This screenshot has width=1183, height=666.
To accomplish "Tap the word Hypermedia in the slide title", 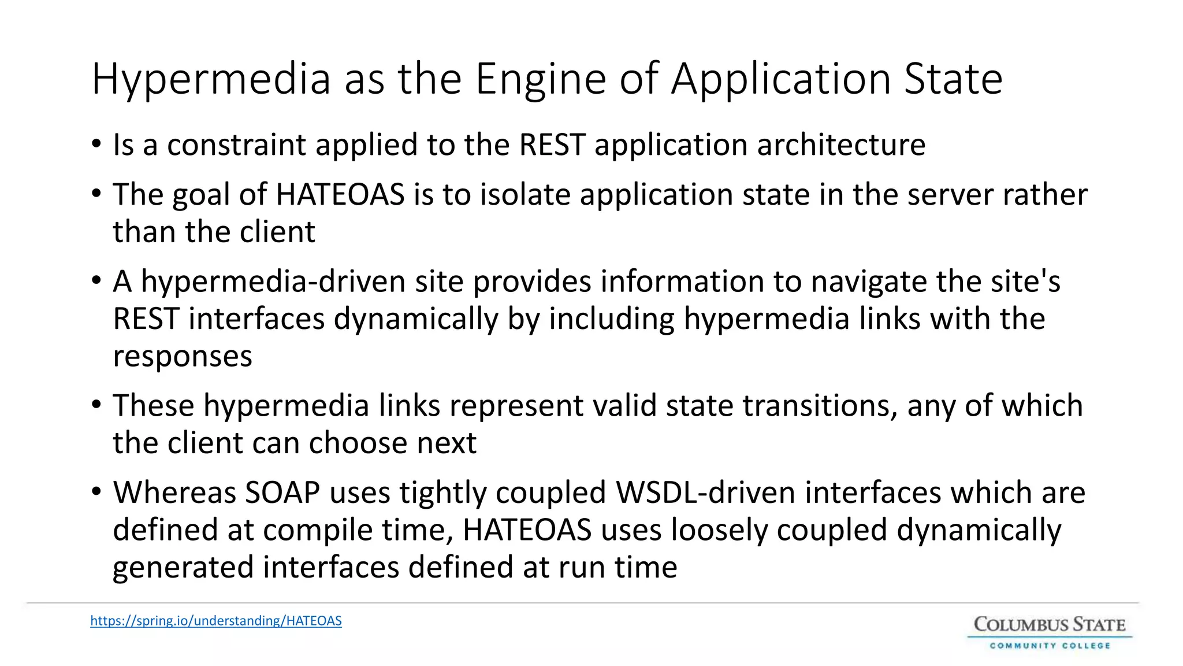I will click(211, 79).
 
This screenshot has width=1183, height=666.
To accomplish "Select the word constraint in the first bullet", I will click(236, 145).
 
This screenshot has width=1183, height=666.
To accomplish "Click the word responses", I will click(183, 356).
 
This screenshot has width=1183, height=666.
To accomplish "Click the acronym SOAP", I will click(282, 493).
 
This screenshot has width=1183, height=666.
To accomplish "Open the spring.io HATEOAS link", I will click(216, 621).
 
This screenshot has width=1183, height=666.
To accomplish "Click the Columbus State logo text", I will click(1050, 624).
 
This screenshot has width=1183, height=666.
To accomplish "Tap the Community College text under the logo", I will click(1050, 645).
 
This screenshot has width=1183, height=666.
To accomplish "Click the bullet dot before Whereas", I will click(96, 492).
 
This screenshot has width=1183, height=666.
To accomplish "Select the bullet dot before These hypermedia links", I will click(96, 405).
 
